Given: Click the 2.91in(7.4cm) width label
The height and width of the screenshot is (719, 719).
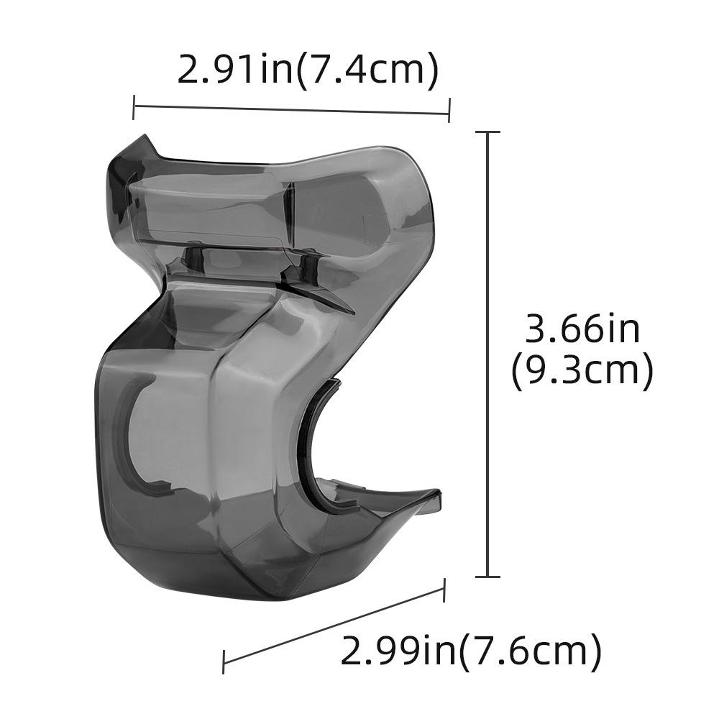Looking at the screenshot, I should click(x=308, y=70).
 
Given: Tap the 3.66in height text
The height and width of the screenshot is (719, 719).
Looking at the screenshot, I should click(x=582, y=330).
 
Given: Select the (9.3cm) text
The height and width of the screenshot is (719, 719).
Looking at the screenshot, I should click(x=582, y=372).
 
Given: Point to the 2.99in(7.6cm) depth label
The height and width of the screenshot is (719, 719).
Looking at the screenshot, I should click(x=471, y=651).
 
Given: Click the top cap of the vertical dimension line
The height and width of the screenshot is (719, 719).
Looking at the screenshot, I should click(x=489, y=133).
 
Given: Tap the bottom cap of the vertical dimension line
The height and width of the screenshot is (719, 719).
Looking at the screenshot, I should click(x=489, y=576).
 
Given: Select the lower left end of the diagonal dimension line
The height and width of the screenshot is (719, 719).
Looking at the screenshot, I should click(x=224, y=662).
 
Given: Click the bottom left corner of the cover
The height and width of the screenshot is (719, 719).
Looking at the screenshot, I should click(x=115, y=532).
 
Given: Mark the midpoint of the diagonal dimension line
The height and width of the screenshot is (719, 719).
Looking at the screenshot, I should click(x=334, y=626).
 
